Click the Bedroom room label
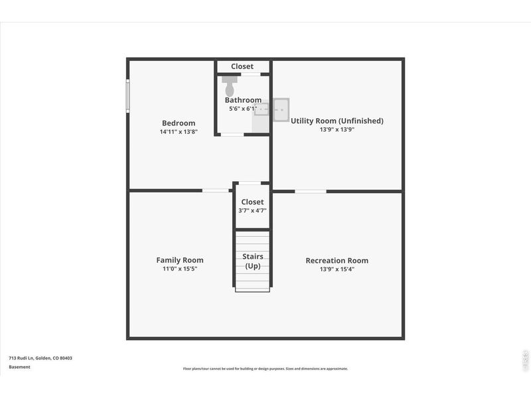click(x=179, y=123)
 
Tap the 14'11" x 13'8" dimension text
click(x=179, y=132)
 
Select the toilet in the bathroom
click(x=230, y=86)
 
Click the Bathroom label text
click(x=243, y=100)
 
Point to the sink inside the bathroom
click(x=261, y=107)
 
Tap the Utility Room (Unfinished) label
click(x=337, y=121)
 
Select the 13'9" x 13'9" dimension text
click(x=337, y=130)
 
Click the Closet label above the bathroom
click(x=242, y=66)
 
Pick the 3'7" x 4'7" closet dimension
click(x=252, y=210)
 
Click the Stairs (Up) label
click(x=252, y=261)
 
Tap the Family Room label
click(x=180, y=260)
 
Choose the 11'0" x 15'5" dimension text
click(x=180, y=269)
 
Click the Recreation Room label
click(x=337, y=261)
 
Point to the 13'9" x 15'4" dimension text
click(x=337, y=269)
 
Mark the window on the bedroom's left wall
click(x=127, y=96)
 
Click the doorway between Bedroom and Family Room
click(x=216, y=191)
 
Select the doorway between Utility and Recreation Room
click(x=310, y=191)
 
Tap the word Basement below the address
click(x=19, y=367)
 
